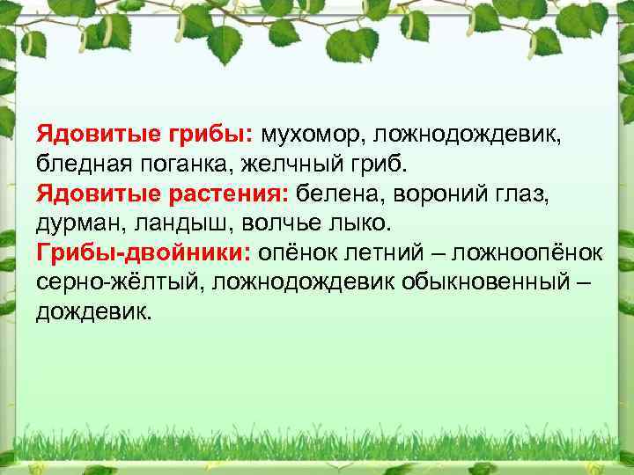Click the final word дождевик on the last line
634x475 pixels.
[x=92, y=311]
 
